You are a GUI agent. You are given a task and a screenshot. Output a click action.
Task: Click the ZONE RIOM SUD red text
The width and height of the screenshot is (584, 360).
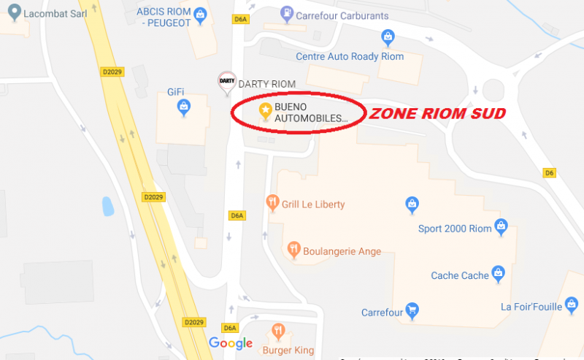436,115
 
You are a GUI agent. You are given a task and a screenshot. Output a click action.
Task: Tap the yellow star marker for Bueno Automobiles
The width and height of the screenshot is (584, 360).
266,110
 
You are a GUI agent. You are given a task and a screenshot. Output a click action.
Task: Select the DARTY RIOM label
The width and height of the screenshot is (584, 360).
267,85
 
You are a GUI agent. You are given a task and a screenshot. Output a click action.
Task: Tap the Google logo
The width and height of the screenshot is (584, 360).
231,343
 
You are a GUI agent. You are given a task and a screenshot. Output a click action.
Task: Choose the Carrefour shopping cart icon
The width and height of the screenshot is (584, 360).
412,311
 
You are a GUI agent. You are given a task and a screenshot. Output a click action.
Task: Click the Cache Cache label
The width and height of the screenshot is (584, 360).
460,275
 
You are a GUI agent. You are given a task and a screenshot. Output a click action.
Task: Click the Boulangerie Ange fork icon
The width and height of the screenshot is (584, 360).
294,250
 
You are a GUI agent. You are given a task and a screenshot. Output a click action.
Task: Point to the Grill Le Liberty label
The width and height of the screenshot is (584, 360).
313,204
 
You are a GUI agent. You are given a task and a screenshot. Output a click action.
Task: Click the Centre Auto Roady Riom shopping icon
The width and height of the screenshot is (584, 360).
388,37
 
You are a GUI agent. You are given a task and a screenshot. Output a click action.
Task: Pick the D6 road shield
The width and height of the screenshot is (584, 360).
550,173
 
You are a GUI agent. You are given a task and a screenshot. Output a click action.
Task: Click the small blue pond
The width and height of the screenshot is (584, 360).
108,207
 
